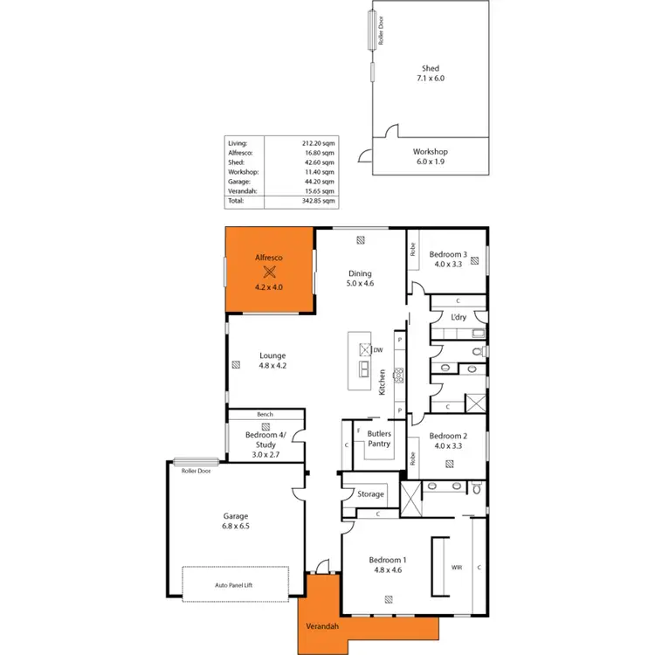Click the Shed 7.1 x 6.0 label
pyautogui.click(x=430, y=73)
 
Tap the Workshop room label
pyautogui.click(x=431, y=156)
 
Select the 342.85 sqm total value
pyautogui.click(x=318, y=201)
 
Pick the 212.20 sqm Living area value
pyautogui.click(x=318, y=143)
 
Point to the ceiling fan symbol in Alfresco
pyautogui.click(x=269, y=272)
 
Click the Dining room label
pyautogui.click(x=360, y=279)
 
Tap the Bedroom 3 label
pyautogui.click(x=450, y=259)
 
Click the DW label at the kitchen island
pyautogui.click(x=378, y=351)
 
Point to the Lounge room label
pyautogui.click(x=272, y=361)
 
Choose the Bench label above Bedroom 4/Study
pyautogui.click(x=265, y=414)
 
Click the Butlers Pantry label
pyautogui.click(x=379, y=439)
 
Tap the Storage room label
pyautogui.click(x=370, y=494)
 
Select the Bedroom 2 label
pyautogui.click(x=449, y=441)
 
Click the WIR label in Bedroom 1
pyautogui.click(x=456, y=567)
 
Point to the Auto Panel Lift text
pyautogui.click(x=235, y=586)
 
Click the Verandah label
pyautogui.click(x=322, y=627)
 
